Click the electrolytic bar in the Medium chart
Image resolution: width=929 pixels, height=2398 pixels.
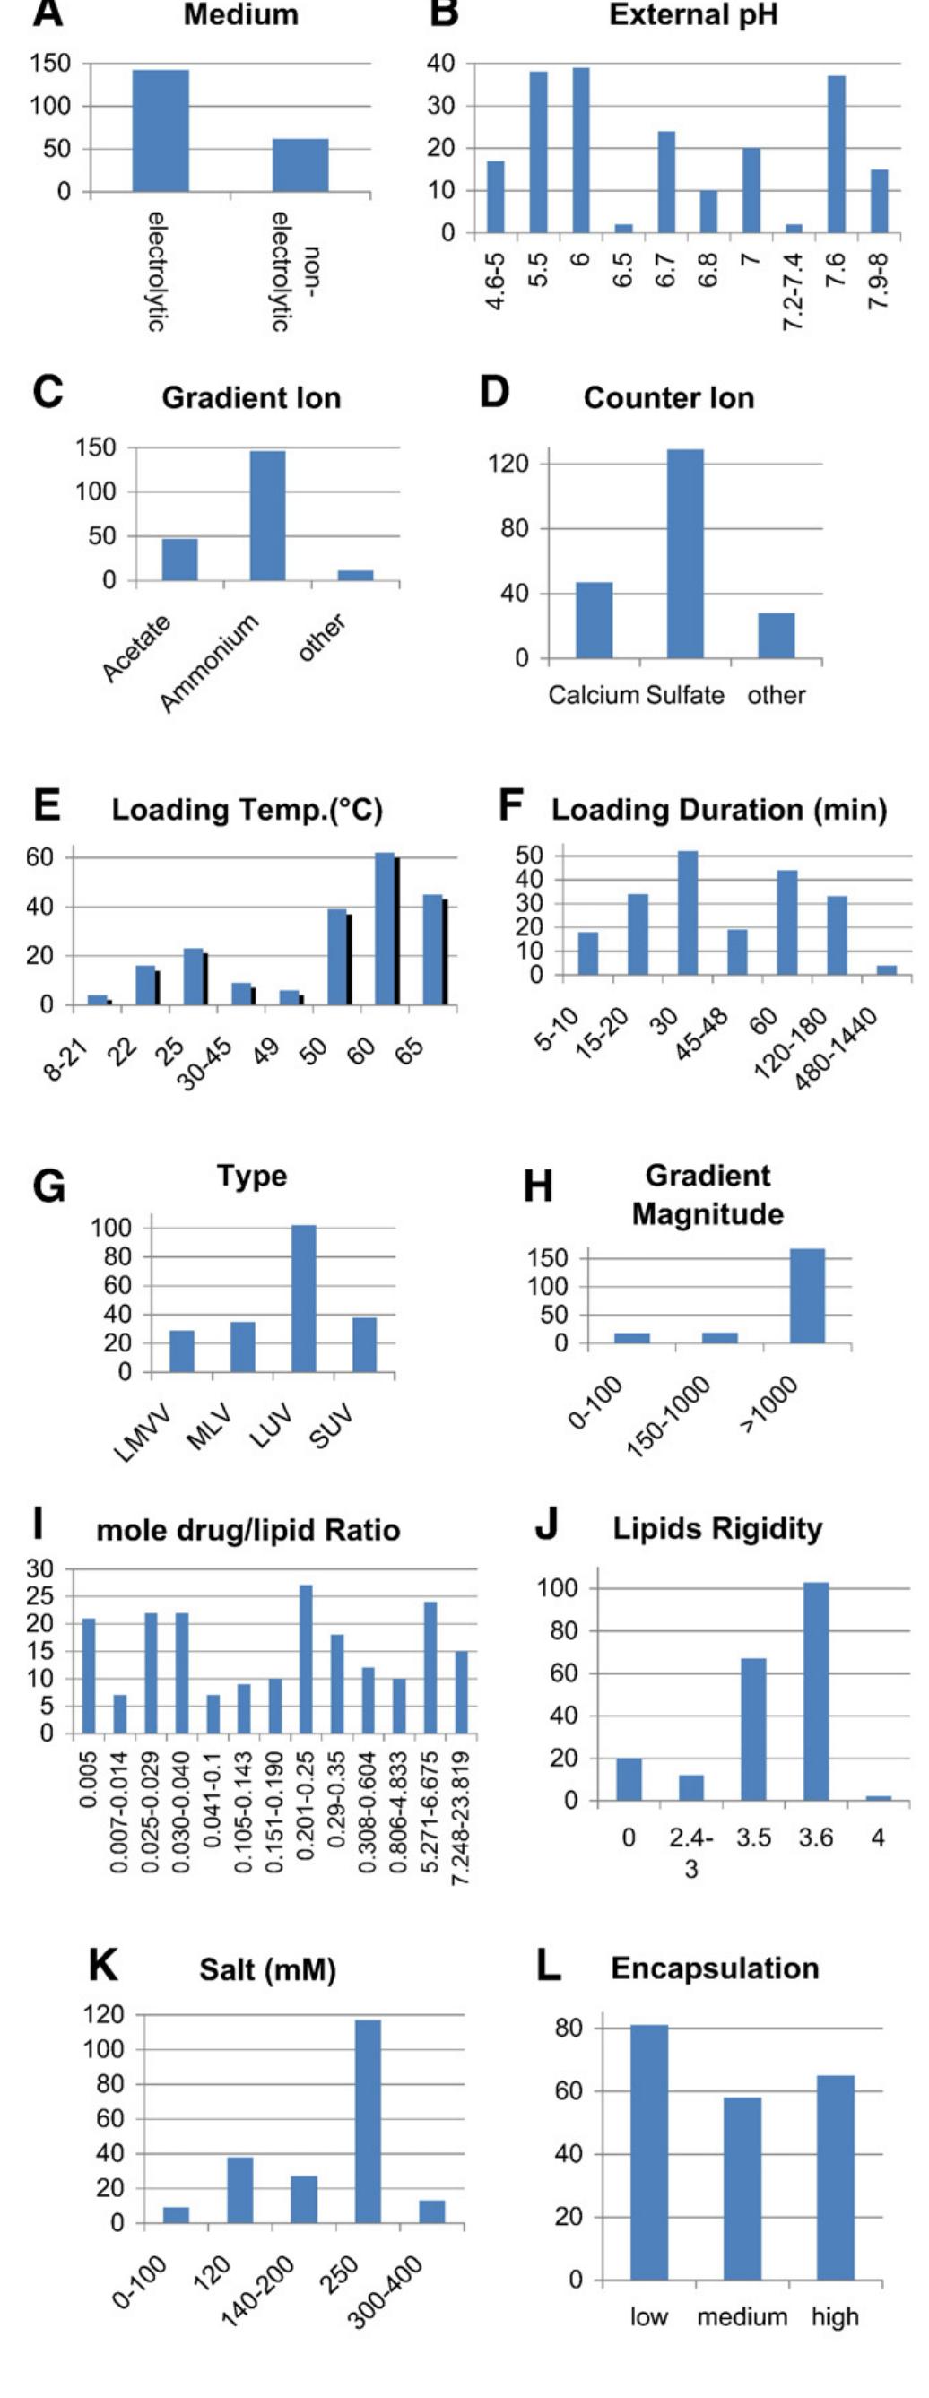coord(161,130)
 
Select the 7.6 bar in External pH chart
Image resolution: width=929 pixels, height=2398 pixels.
coord(836,154)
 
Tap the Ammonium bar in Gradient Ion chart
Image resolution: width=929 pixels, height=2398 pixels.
coord(267,516)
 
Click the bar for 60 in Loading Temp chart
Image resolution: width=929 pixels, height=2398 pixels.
coord(385,929)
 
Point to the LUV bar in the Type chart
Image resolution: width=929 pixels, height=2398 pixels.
coord(303,1299)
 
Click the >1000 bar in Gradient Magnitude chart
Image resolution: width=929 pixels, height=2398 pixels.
coord(807,1296)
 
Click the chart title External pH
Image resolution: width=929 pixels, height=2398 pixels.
coord(692,16)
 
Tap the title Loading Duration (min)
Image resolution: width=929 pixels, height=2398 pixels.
coord(718,810)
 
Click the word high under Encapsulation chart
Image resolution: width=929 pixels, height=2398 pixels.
coord(834,2316)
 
